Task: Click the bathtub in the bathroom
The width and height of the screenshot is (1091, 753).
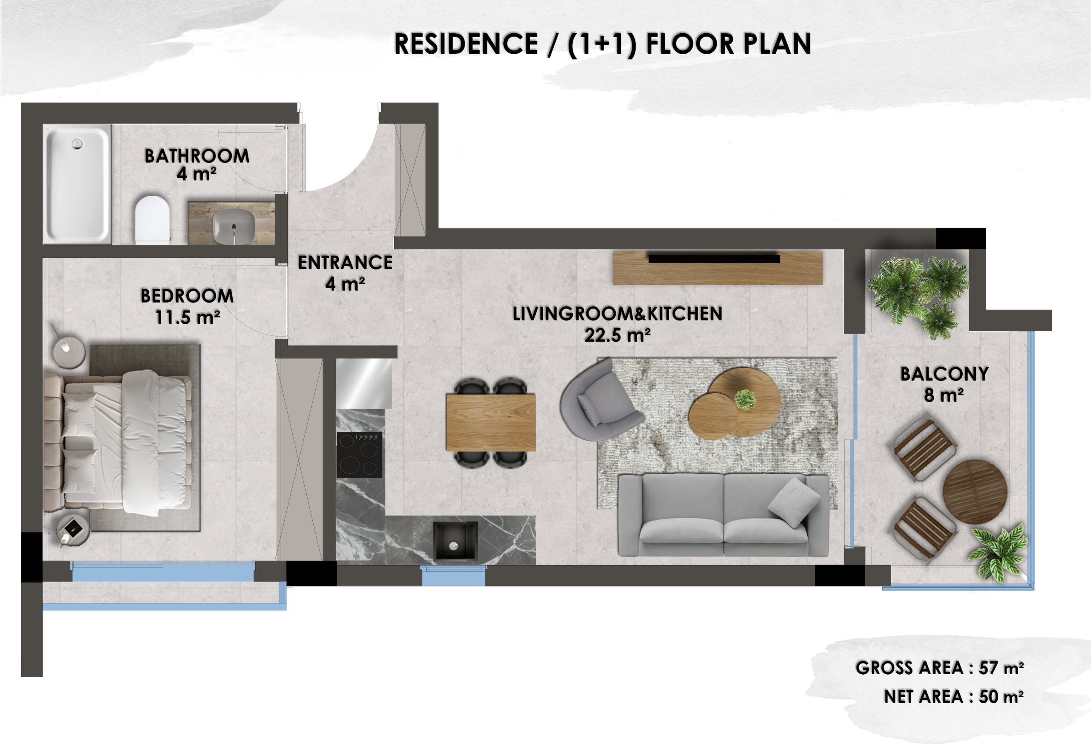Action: pyautogui.click(x=78, y=184)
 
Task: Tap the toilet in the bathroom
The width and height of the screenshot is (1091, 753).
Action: pyautogui.click(x=152, y=219)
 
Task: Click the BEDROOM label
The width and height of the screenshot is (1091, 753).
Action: pyautogui.click(x=187, y=296)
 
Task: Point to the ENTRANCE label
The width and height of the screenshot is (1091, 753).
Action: pyautogui.click(x=345, y=263)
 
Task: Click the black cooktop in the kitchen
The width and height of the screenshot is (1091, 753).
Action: pyautogui.click(x=360, y=455)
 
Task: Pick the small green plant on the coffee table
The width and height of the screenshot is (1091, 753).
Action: pyautogui.click(x=745, y=399)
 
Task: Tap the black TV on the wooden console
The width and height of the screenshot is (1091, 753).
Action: pyautogui.click(x=713, y=258)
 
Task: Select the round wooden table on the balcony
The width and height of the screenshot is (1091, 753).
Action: pyautogui.click(x=976, y=492)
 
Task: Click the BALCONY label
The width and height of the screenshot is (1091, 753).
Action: pyautogui.click(x=944, y=374)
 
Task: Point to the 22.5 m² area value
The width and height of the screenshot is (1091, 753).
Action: pyautogui.click(x=617, y=335)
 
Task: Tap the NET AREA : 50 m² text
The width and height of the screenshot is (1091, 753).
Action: pyautogui.click(x=954, y=696)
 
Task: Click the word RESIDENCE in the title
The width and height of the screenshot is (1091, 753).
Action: pyautogui.click(x=466, y=44)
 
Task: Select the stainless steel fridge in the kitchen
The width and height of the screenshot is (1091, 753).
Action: pyautogui.click(x=364, y=383)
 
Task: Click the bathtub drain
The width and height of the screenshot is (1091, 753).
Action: pyautogui.click(x=76, y=144)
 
